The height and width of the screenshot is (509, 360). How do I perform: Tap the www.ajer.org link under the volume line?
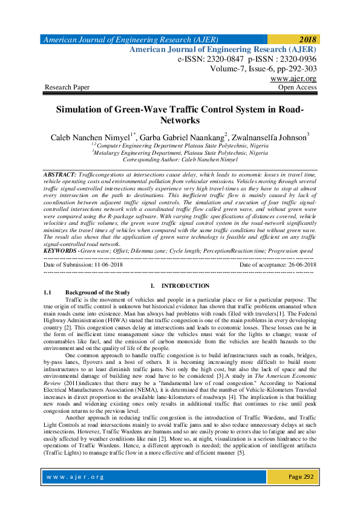click(x=293, y=79)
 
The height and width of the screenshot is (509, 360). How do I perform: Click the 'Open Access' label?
click(x=296, y=88)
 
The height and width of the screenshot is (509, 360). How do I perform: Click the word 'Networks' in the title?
click(x=180, y=121)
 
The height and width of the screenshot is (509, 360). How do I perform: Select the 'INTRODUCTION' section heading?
click(x=186, y=285)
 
